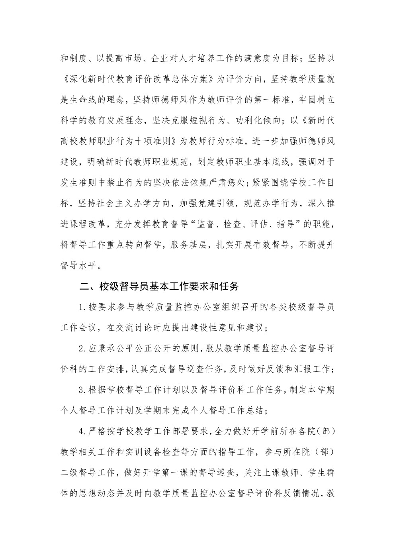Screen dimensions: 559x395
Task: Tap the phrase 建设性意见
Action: coord(221,328)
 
